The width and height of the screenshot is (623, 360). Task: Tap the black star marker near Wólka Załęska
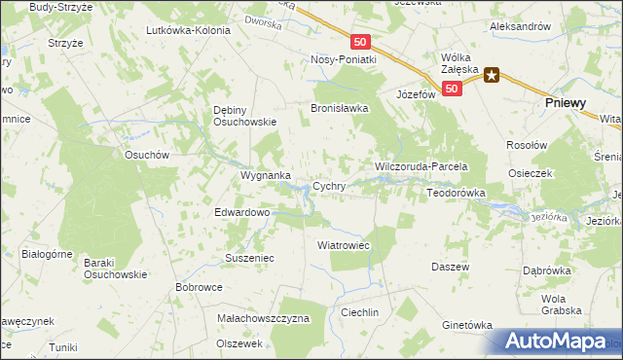(493, 75)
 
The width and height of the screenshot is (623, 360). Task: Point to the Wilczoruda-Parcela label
(422, 167)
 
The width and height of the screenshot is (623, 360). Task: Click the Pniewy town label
(571, 102)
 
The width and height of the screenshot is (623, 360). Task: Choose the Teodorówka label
(456, 194)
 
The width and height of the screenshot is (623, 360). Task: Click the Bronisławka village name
(340, 109)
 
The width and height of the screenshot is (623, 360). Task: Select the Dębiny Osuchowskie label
(245, 116)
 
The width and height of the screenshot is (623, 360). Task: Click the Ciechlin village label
(359, 312)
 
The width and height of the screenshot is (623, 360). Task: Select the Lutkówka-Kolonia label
(188, 30)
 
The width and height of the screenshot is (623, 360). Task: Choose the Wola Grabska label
(560, 305)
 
